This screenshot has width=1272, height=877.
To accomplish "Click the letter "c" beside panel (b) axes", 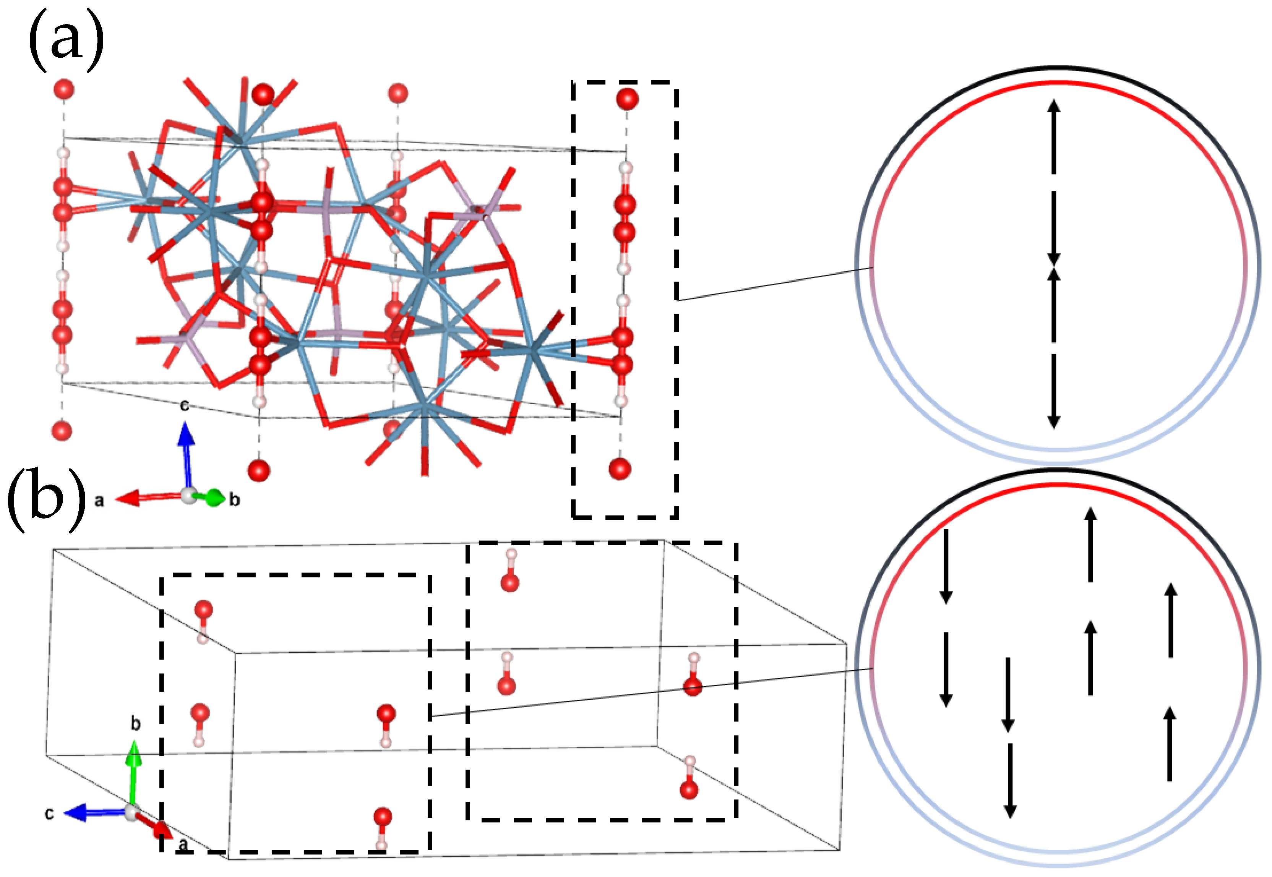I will pos(49,813).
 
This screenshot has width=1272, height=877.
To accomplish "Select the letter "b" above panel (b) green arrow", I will pos(135,724).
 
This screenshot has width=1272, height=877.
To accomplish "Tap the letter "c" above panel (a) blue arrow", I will pos(185,405).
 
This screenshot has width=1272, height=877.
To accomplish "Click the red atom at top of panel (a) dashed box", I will pos(627,99).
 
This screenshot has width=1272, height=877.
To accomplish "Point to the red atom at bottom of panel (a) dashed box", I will pos(620,469).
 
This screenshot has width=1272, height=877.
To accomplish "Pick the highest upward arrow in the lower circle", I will pos(1090,544).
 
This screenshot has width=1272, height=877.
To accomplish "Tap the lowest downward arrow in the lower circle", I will pos(1010,780).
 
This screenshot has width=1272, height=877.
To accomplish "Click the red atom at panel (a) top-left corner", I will pos(64,89).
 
